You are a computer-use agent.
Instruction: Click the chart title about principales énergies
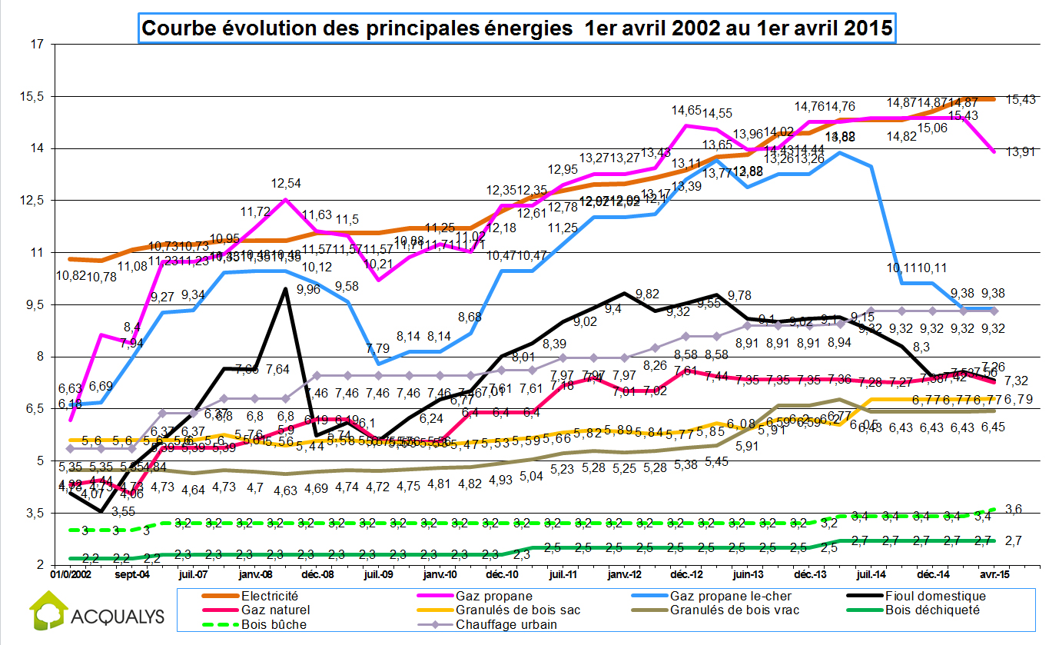coord(518,29)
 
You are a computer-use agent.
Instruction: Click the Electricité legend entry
coord(269,596)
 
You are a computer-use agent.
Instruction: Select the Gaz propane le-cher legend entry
coord(730,596)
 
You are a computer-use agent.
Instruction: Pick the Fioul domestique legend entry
coord(934,596)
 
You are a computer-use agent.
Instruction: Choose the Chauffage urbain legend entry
coord(505,624)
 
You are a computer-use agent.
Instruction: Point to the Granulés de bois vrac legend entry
coord(735,610)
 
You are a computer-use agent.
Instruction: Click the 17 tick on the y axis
coord(36,44)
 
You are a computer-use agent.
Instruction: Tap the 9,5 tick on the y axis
coord(35,304)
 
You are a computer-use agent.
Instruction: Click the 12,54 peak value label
coord(286,185)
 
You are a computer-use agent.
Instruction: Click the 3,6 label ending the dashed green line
coord(1012,509)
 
